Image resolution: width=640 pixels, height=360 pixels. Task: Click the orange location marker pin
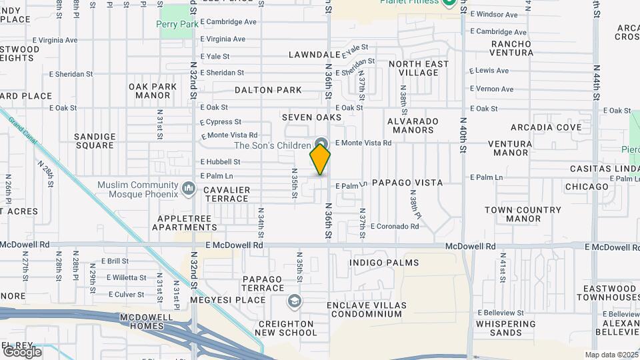coord(320,159)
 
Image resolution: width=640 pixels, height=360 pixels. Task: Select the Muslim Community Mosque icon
coord(189,190)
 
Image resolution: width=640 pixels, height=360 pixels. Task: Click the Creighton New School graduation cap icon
coord(293,302)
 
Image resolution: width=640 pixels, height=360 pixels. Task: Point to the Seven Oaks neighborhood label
coord(311,117)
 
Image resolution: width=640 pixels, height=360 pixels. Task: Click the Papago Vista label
coord(407,182)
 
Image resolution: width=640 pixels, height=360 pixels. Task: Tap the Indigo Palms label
coord(383,263)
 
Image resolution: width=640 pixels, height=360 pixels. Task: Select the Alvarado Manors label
coord(414,125)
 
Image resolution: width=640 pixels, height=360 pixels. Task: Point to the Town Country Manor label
coord(523,214)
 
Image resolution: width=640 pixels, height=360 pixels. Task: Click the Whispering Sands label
coord(505,328)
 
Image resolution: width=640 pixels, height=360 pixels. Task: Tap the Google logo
coord(21,351)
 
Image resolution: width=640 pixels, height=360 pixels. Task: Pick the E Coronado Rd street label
coord(395,227)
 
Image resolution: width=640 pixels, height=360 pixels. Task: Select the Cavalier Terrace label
coord(227,194)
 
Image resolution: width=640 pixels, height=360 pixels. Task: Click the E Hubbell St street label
coord(220,162)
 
